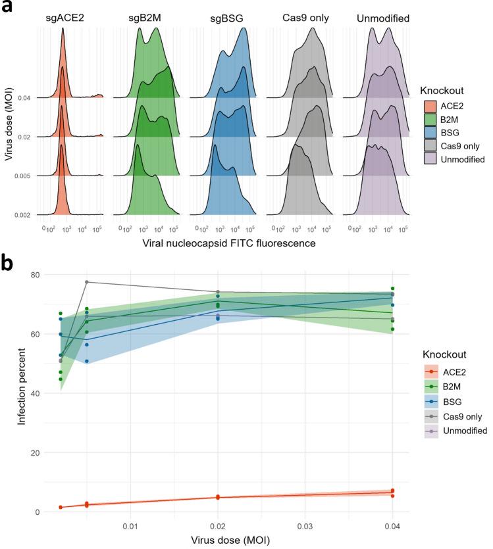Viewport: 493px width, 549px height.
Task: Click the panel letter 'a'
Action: [7, 8]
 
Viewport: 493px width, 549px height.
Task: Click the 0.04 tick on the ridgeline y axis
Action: [28, 98]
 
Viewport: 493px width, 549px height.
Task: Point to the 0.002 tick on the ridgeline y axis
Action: [26, 215]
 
